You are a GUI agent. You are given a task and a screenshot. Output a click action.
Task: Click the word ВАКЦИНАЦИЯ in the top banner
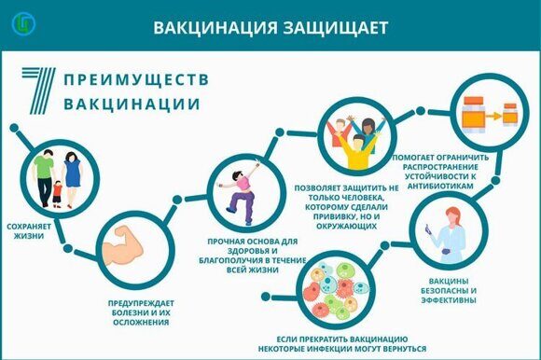(215, 28)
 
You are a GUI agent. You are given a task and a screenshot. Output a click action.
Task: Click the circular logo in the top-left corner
(23, 23)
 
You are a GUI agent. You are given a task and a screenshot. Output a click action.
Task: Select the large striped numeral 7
(39, 90)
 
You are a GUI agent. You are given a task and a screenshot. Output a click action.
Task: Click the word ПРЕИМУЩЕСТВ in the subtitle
(136, 79)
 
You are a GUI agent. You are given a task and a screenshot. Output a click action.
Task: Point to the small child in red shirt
(57, 194)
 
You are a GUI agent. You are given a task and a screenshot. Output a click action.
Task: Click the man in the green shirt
(44, 178)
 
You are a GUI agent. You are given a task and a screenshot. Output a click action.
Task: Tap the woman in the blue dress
(72, 180)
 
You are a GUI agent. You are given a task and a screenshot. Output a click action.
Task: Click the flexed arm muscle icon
(122, 245)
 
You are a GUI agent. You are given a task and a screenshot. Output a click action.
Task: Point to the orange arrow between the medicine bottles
(494, 117)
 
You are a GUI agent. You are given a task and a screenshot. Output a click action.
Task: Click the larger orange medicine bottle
(474, 114)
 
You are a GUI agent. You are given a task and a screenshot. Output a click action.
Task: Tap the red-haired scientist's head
(453, 215)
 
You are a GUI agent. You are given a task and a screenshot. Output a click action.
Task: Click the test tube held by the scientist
(428, 229)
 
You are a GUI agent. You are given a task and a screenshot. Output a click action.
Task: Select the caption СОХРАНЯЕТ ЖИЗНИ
(29, 231)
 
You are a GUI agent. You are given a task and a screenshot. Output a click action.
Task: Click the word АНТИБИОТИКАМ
(440, 186)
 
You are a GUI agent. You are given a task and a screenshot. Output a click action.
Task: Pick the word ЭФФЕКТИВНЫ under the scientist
(449, 300)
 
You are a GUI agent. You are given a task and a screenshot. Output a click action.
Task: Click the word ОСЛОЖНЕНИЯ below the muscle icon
(141, 323)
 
